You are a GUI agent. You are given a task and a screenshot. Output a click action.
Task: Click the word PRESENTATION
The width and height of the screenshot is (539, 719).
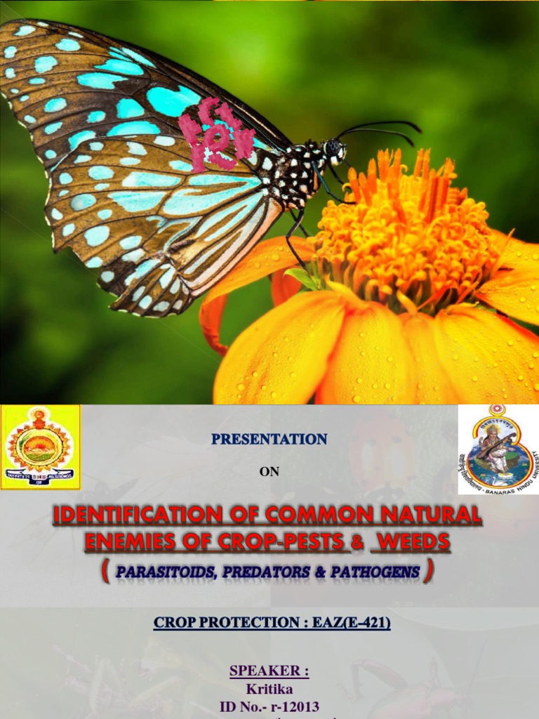tap(269, 440)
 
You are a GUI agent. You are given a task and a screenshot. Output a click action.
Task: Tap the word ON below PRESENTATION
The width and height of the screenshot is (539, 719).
tap(269, 472)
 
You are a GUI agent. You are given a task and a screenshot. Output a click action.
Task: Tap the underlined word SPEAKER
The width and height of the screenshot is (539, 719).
tap(269, 671)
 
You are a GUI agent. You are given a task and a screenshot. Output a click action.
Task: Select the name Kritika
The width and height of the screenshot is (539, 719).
tap(269, 690)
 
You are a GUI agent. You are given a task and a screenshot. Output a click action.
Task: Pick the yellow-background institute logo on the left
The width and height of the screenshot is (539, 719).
tap(40, 447)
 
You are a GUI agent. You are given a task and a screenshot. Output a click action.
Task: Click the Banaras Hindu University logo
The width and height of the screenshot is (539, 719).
tap(499, 449)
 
